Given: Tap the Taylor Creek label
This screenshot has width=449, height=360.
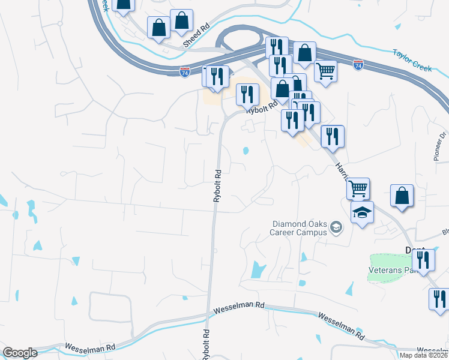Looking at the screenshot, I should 412,61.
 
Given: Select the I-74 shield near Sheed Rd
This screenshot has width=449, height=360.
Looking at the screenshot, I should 185,72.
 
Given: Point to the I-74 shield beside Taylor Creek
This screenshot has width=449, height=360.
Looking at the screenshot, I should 358,64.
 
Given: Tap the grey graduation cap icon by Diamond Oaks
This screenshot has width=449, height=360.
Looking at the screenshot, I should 336,226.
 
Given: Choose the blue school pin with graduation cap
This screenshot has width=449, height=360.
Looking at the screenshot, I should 362,212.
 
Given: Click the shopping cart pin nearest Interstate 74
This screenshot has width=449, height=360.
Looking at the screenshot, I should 325,71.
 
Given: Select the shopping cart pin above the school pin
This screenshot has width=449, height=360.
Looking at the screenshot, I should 358,188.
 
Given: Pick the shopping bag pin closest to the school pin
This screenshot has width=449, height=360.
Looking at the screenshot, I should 402,196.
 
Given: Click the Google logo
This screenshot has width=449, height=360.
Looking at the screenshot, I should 20,353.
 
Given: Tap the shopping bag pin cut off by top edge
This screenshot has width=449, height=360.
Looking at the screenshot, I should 123,5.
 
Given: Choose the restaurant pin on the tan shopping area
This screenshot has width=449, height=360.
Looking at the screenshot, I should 247,94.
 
